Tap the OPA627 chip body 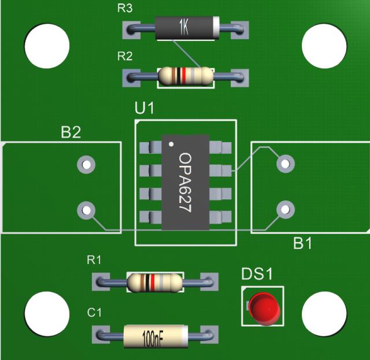(185, 183)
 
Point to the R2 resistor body (186, 76)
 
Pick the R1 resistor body (154, 282)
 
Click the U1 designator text (145, 109)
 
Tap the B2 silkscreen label (71, 133)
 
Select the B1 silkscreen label (302, 244)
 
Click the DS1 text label (256, 274)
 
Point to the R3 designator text (125, 9)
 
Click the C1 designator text (94, 313)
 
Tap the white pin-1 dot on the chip (171, 143)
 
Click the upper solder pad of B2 (86, 165)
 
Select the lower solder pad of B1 (284, 209)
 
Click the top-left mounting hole (47, 45)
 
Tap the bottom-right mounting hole (324, 313)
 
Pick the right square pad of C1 (212, 335)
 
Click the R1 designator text (94, 261)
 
